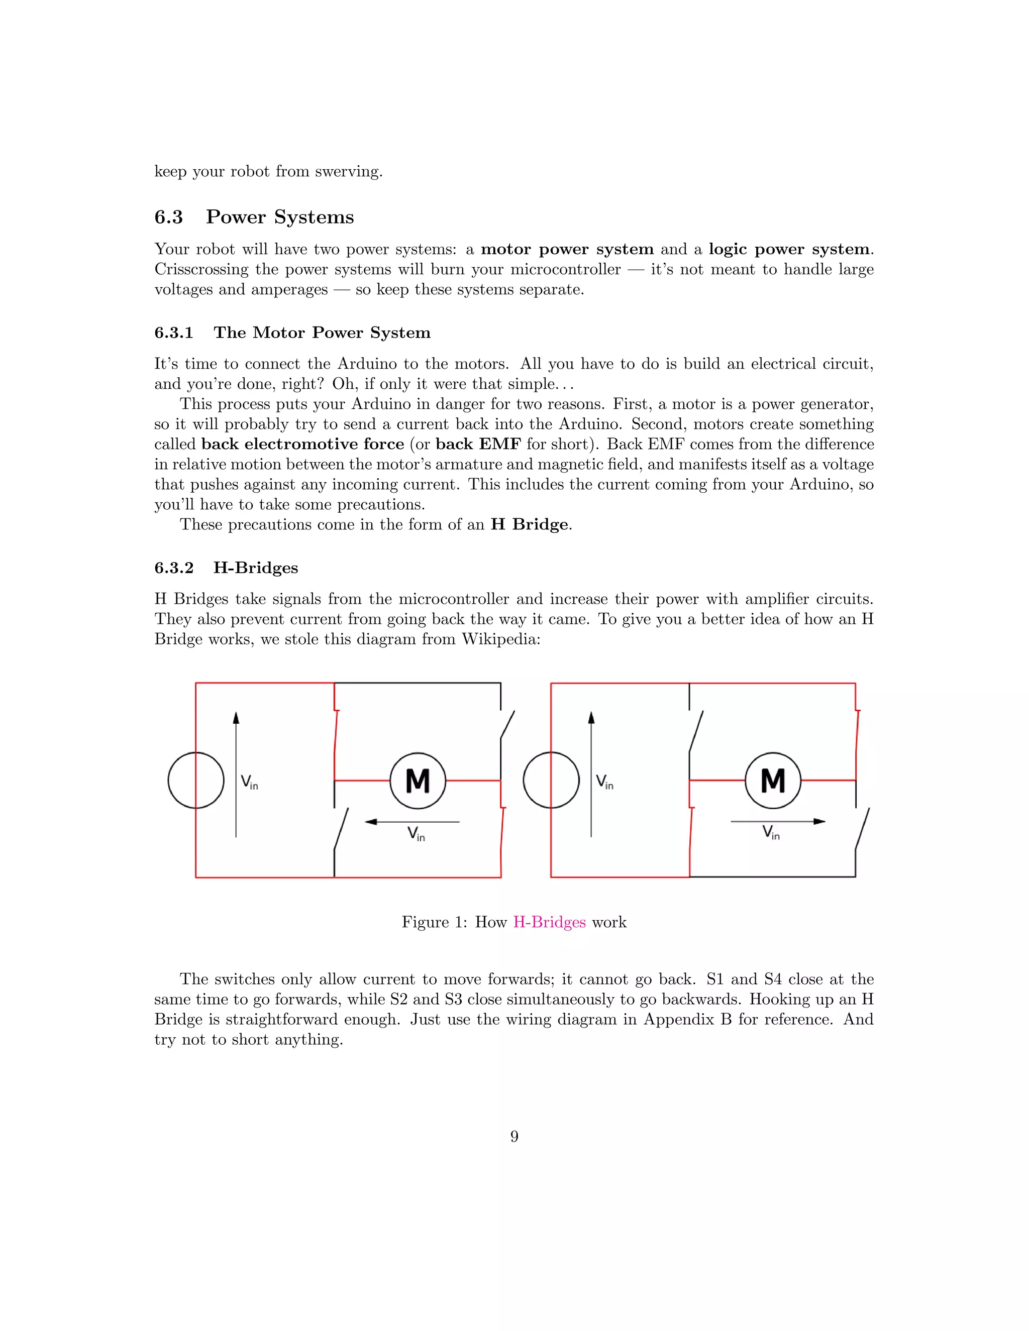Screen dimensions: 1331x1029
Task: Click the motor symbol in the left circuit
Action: tap(418, 781)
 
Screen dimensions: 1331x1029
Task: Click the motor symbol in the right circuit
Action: tap(773, 781)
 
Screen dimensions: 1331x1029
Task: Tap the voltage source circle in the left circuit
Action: tap(195, 781)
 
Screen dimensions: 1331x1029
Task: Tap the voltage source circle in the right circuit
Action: tap(551, 781)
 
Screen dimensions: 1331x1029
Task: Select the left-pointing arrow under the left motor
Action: tap(412, 822)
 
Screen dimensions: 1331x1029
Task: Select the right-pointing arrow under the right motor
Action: tap(778, 822)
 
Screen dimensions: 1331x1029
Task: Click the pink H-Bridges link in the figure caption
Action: tap(549, 922)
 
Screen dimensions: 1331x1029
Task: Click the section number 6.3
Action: tap(169, 217)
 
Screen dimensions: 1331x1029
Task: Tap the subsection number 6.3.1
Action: tap(174, 332)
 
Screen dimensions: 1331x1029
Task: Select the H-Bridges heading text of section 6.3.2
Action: tap(255, 568)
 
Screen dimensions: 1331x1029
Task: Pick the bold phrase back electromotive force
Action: tap(303, 445)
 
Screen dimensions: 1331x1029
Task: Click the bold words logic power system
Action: tap(789, 249)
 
